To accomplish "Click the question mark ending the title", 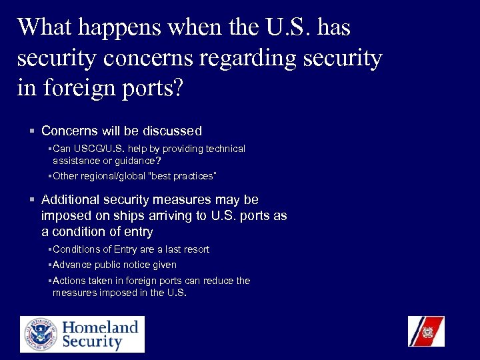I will click(x=176, y=89).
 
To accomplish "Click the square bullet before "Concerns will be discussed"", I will click(x=32, y=131).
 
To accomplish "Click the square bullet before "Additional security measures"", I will click(x=32, y=199).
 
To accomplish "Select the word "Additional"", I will click(x=69, y=199).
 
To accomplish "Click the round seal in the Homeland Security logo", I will click(x=39, y=335).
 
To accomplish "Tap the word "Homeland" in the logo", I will click(x=100, y=327).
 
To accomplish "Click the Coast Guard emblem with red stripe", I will click(x=426, y=331).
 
